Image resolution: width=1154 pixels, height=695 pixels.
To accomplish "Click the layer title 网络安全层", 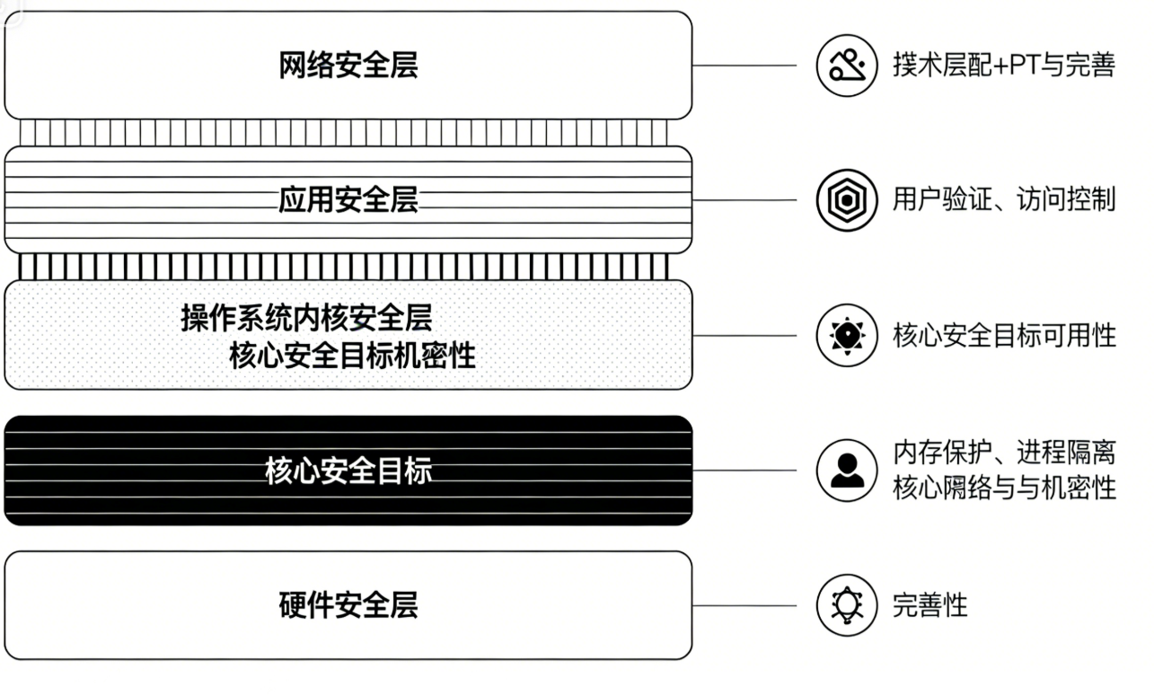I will tap(348, 66).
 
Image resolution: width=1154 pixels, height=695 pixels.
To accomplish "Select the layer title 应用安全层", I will tap(348, 200).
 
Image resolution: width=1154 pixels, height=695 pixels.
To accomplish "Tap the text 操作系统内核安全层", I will tap(306, 318).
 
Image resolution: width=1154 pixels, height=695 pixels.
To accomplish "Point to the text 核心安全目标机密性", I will tap(353, 356).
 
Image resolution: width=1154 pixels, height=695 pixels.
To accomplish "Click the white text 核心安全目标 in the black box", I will tap(348, 471).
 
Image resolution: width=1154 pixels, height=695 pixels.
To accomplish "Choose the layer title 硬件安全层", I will tap(348, 605).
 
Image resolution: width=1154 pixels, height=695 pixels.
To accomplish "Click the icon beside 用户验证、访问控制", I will tap(846, 200).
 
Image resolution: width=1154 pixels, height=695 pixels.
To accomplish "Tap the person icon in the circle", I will tap(846, 471).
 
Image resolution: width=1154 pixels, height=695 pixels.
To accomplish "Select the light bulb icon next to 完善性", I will tap(846, 605).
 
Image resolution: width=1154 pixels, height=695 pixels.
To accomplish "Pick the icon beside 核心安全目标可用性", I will tap(846, 336).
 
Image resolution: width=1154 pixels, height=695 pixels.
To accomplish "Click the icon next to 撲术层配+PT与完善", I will tap(846, 66).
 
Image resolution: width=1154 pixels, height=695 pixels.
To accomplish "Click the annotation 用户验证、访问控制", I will tap(1004, 200).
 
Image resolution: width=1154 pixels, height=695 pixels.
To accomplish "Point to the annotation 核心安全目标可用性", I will tap(1004, 336).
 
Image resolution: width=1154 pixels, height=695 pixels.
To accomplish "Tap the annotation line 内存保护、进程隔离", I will tap(1004, 453).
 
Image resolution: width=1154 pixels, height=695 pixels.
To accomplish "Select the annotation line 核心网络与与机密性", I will tap(1004, 488).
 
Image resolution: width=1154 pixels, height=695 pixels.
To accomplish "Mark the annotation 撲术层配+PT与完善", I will tap(1004, 66).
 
